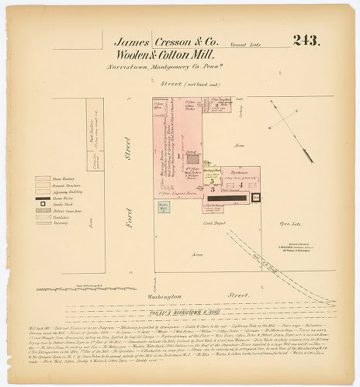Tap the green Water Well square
tap(164, 207)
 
